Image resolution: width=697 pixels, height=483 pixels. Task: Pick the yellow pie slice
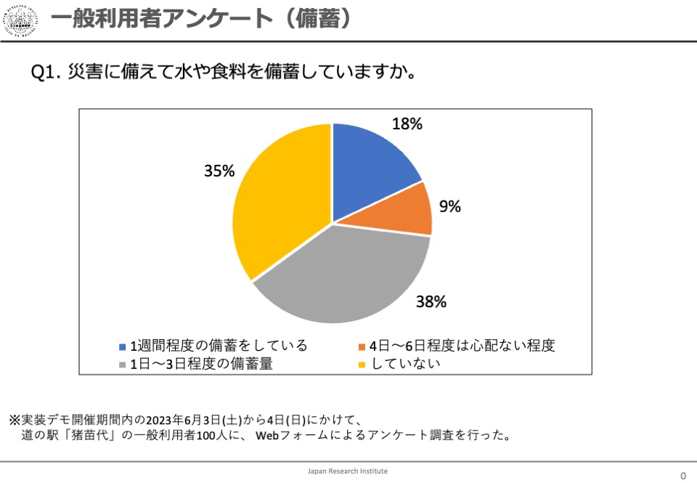pyautogui.click(x=280, y=203)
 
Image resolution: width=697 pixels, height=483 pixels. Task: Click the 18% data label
pyautogui.click(x=407, y=124)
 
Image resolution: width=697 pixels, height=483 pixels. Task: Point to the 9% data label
pyautogui.click(x=449, y=206)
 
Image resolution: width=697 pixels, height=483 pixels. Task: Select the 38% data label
pyautogui.click(x=431, y=302)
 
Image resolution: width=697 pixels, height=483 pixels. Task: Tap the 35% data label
pyautogui.click(x=219, y=171)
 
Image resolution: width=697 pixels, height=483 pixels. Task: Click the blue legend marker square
pyautogui.click(x=123, y=346)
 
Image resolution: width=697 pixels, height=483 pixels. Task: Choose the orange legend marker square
pyautogui.click(x=362, y=346)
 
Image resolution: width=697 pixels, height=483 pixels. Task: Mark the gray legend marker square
pyautogui.click(x=123, y=365)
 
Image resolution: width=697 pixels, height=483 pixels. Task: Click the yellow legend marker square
pyautogui.click(x=362, y=365)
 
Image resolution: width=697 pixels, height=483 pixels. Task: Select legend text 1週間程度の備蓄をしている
pyautogui.click(x=218, y=346)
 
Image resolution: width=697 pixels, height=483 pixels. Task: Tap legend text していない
pyautogui.click(x=406, y=364)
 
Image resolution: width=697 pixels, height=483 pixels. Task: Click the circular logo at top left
pyautogui.click(x=23, y=22)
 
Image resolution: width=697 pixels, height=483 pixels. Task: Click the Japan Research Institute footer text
pyautogui.click(x=348, y=471)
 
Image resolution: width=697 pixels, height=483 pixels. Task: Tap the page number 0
pyautogui.click(x=682, y=476)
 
